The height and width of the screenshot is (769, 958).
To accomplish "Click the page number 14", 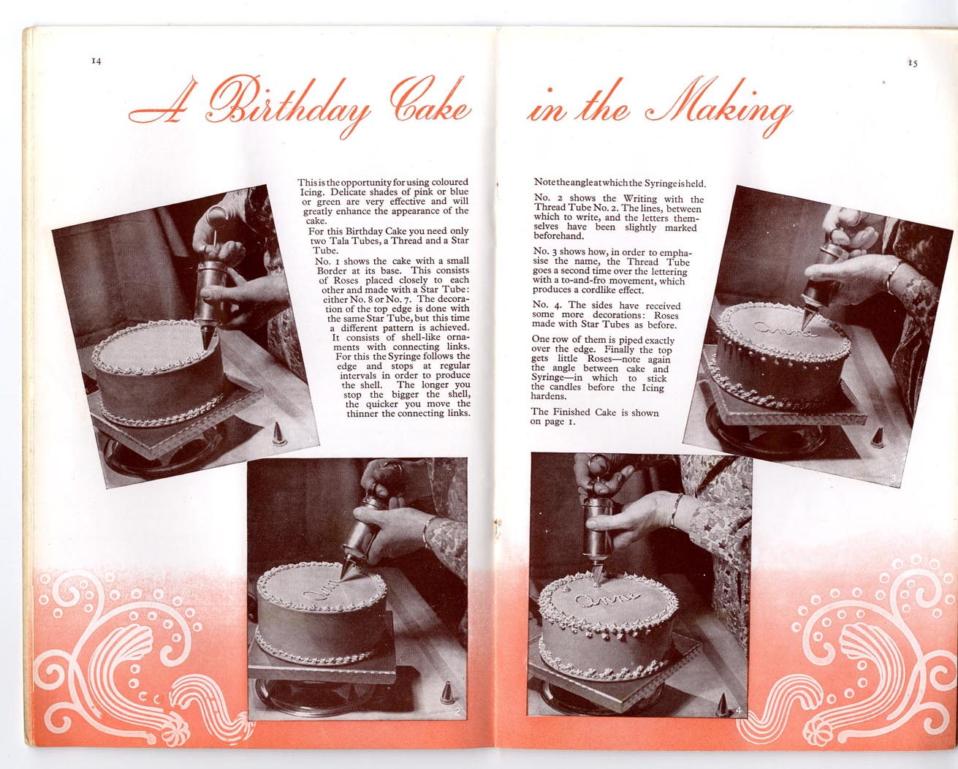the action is pos(96,61).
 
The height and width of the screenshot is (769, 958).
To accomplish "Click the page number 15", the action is pos(913,63).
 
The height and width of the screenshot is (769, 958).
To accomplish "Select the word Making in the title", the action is pos(721,107).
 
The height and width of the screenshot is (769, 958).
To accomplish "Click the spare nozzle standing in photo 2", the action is pos(447,693).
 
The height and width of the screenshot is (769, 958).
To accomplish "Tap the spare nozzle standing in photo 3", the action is pos(877,437).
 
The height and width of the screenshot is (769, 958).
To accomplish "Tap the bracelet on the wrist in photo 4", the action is pos(676,510).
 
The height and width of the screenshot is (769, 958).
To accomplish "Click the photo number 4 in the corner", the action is pos(739,711).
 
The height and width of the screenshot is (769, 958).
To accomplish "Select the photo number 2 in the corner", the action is pos(458,711).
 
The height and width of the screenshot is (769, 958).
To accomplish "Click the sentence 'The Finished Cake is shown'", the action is pos(595,412).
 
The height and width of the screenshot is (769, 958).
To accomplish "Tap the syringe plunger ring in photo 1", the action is pos(217,217).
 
